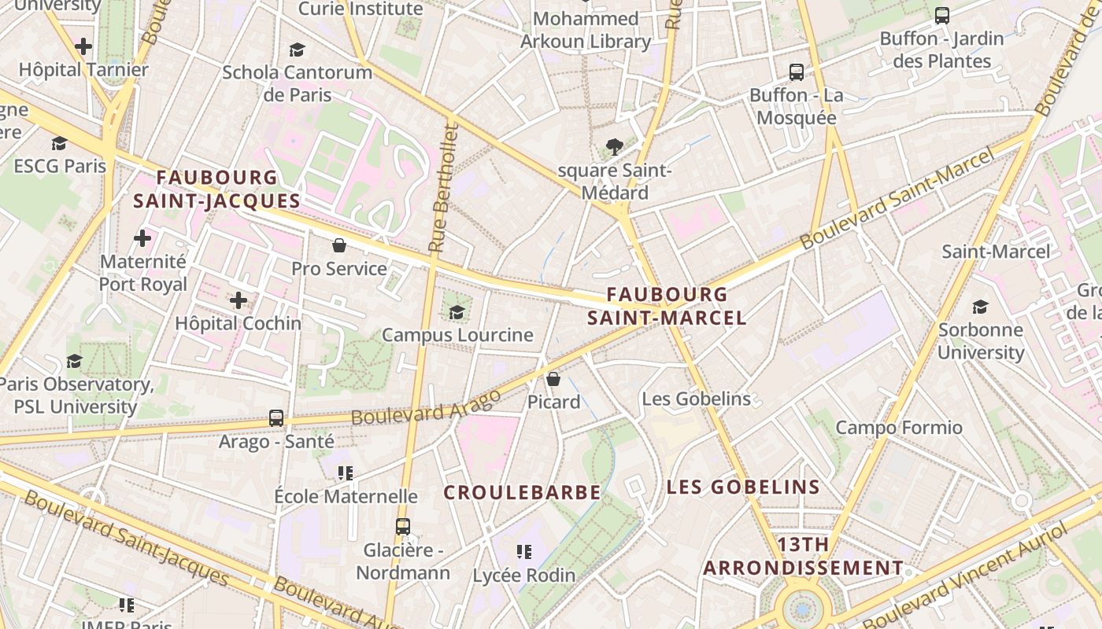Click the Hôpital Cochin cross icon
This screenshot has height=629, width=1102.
point(239,300)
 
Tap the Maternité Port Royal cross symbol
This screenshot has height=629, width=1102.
point(142,237)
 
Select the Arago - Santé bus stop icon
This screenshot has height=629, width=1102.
point(276,417)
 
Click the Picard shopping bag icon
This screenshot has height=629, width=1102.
point(553,379)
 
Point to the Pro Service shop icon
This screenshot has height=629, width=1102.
point(339,245)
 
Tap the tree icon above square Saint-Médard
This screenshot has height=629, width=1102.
point(615,146)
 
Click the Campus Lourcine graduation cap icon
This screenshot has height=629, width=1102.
point(457,312)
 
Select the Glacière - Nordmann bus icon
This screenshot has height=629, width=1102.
point(403,526)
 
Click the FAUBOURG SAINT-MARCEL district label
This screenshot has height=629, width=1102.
point(667,306)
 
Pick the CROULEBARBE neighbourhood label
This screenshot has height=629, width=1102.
point(522,493)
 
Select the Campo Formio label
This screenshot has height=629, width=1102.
point(899,428)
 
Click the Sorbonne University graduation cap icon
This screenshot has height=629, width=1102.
point(981,306)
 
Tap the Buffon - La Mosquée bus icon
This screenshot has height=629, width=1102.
point(797,72)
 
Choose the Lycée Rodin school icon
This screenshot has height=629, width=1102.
point(524,551)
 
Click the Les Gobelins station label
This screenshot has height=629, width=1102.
point(697,399)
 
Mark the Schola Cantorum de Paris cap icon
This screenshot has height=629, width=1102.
point(297,50)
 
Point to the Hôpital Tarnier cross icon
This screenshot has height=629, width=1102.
point(83,46)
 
